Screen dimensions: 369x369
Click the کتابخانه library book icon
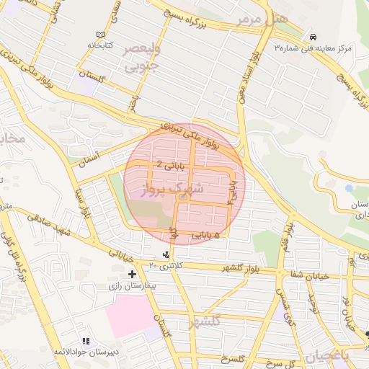pyautogui.click(x=99, y=35)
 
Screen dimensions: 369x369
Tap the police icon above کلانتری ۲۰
pyautogui.click(x=167, y=254)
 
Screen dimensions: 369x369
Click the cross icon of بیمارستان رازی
pyautogui.click(x=132, y=274)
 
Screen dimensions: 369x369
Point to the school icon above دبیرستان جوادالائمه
pyautogui.click(x=85, y=340)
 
